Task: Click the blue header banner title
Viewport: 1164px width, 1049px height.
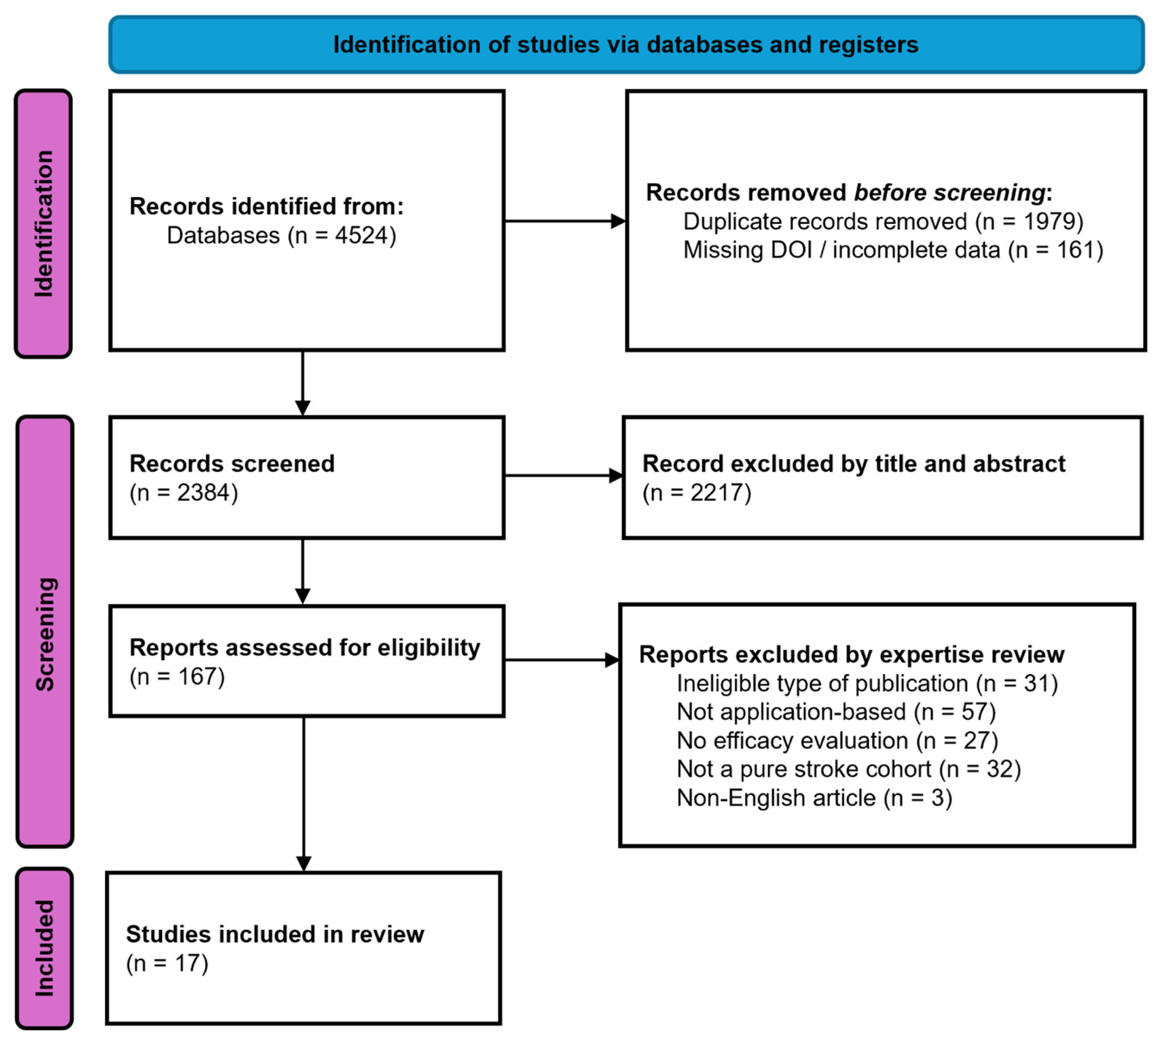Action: pyautogui.click(x=626, y=44)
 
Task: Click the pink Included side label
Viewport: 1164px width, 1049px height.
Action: pyautogui.click(x=44, y=949)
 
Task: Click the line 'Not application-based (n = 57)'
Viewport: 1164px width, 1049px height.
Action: pyautogui.click(x=836, y=712)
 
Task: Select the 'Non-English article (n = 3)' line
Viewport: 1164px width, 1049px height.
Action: pyautogui.click(x=814, y=798)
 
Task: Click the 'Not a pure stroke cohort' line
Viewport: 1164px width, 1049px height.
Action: pyautogui.click(x=849, y=770)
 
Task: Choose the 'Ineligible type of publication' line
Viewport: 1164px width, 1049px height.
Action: pyautogui.click(x=867, y=683)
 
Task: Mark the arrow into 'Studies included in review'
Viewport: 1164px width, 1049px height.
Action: pyautogui.click(x=304, y=794)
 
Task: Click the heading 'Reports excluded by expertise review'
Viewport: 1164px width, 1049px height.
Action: pyautogui.click(x=852, y=655)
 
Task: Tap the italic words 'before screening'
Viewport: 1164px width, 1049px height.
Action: pyautogui.click(x=950, y=192)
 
